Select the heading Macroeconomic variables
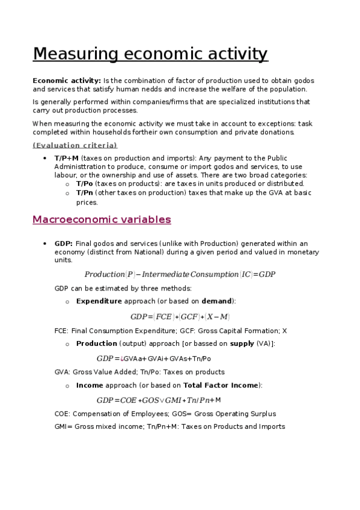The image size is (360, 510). pos(102,220)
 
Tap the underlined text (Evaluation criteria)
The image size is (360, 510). pos(75,145)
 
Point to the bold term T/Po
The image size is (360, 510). pos(85,183)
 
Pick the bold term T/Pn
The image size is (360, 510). pos(85,192)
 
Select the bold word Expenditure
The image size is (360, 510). pos(99,301)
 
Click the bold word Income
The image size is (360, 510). pos(90,385)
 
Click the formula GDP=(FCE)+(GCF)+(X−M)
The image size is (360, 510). pos(180,316)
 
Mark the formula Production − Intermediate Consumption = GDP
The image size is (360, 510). pos(180,274)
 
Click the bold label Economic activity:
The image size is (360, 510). pos(67,81)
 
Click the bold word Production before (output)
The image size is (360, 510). pos(96,343)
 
